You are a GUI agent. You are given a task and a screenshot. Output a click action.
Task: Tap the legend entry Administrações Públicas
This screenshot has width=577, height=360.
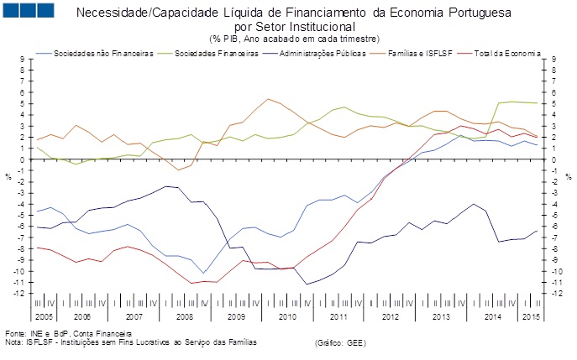[329, 54]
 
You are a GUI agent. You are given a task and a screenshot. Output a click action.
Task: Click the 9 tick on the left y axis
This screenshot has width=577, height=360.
[24, 59]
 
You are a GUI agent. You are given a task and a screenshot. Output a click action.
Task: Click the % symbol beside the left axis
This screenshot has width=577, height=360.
[8, 176]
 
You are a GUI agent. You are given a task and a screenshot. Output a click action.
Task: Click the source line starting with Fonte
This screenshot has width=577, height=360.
[62, 334]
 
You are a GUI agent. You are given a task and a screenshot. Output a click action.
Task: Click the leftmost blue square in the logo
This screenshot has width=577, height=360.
[13, 11]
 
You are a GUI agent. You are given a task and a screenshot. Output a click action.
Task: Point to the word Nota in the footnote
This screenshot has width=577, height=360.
[13, 342]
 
